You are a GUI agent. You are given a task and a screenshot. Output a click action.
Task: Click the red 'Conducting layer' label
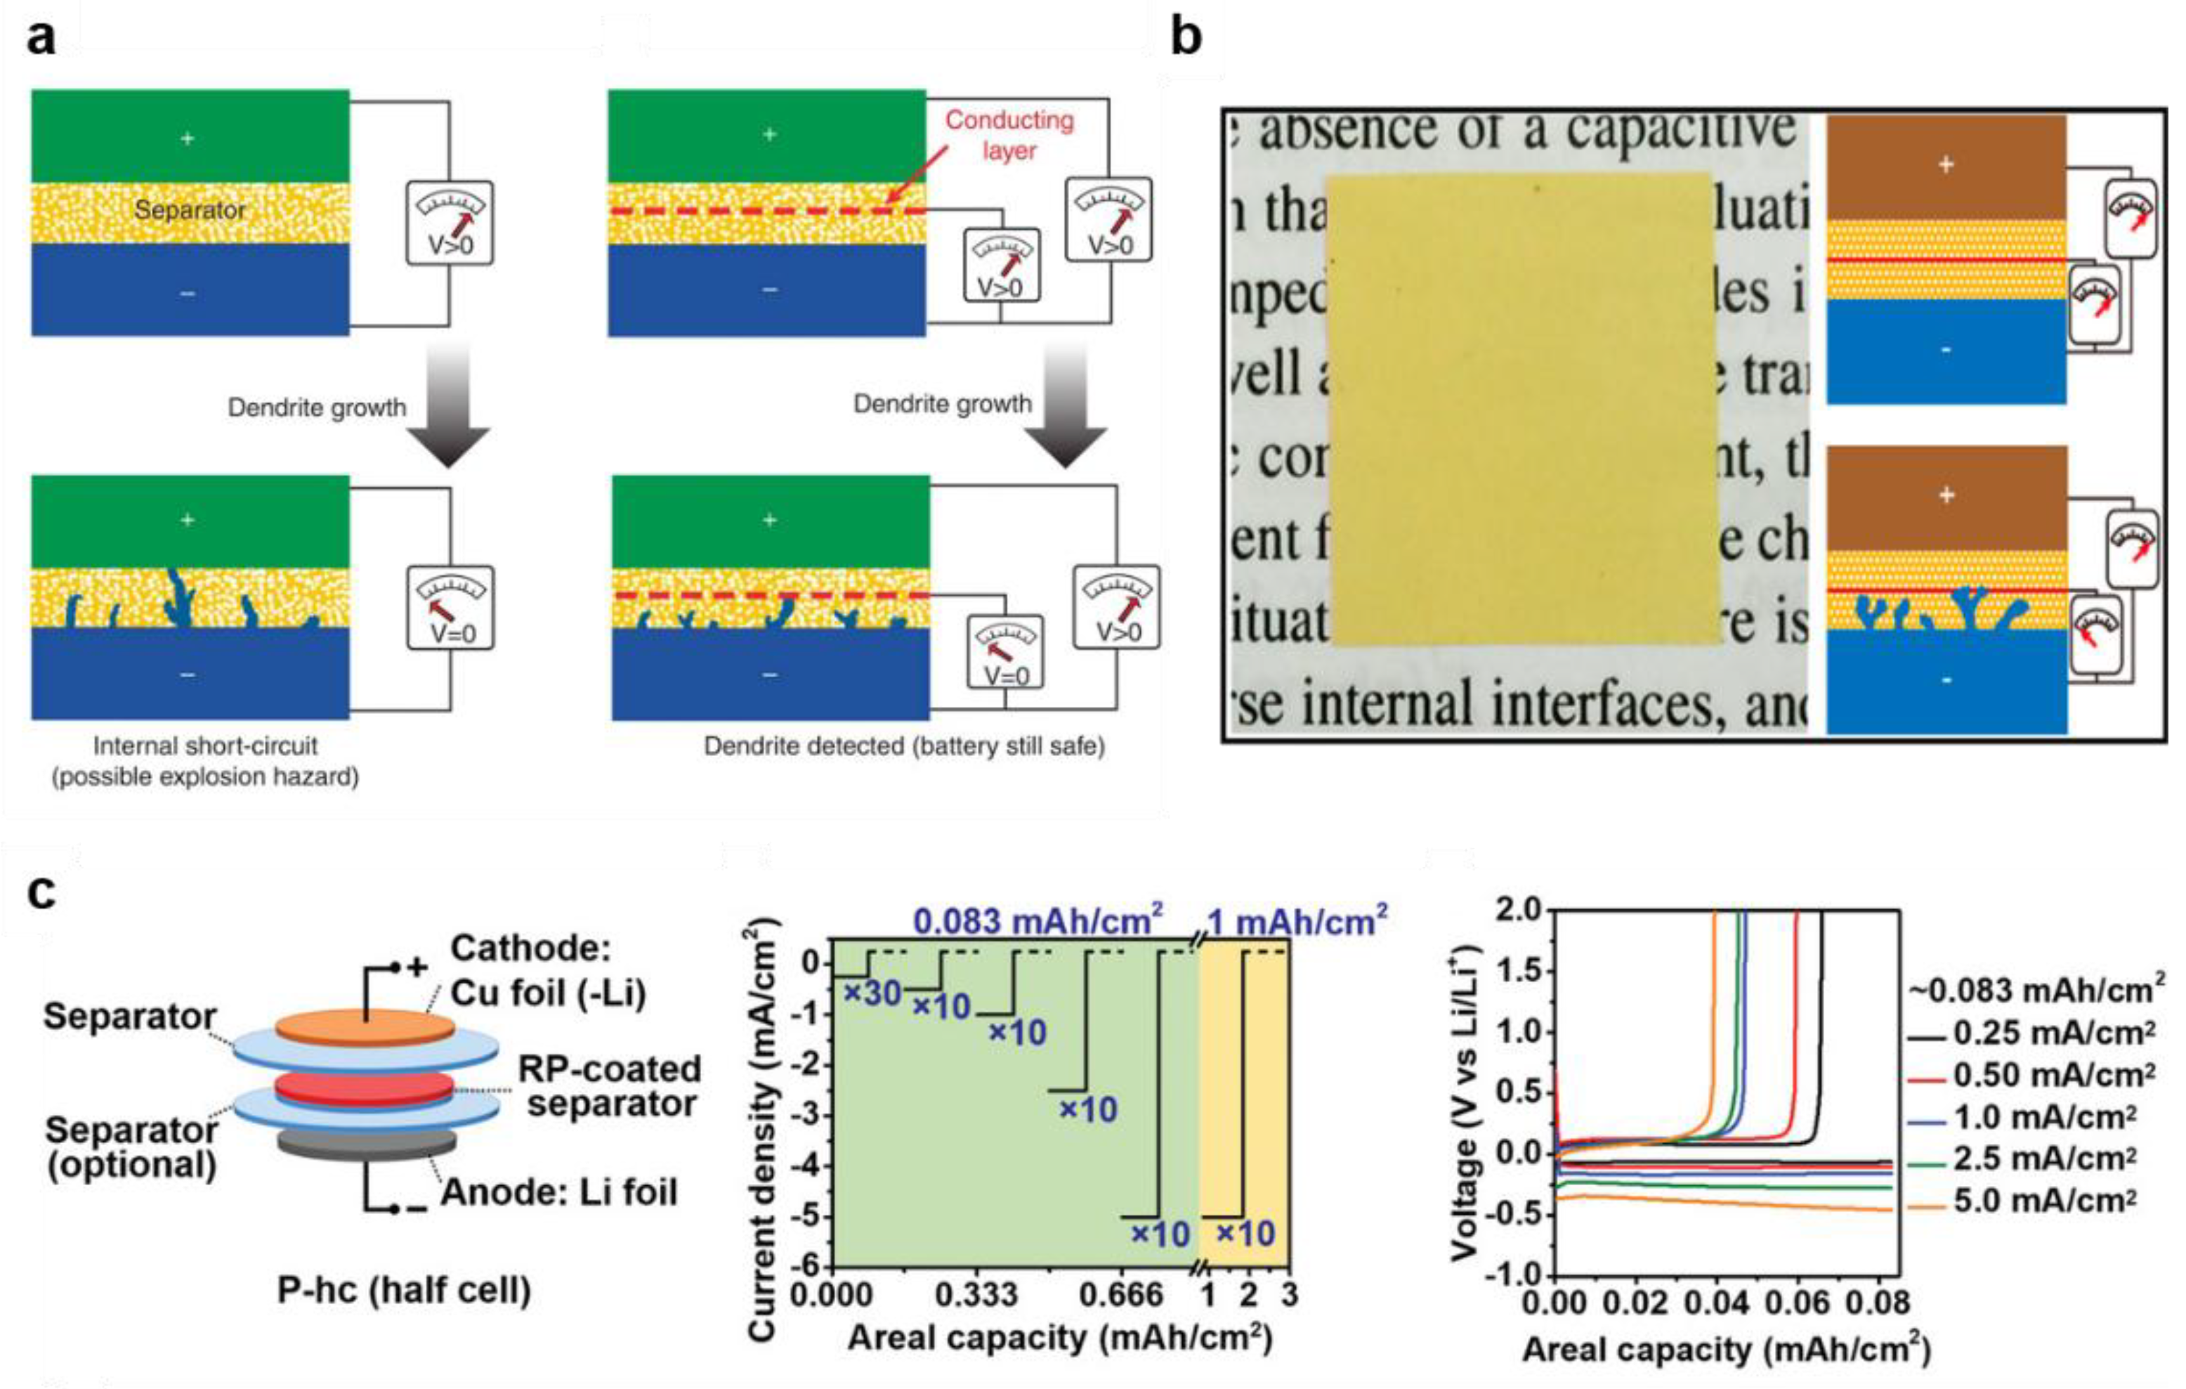pyautogui.click(x=1009, y=134)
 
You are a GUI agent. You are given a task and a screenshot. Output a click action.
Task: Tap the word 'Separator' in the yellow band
pyautogui.click(x=190, y=209)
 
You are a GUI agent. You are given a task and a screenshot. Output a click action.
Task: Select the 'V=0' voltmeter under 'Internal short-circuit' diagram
pyautogui.click(x=450, y=608)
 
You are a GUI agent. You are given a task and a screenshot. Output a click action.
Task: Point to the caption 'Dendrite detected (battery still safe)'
pyautogui.click(x=904, y=746)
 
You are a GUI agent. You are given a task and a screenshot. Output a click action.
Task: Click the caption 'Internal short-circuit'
pyautogui.click(x=205, y=746)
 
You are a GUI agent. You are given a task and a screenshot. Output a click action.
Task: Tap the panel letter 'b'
pyautogui.click(x=1186, y=39)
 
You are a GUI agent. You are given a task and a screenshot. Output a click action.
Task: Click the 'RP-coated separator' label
pyautogui.click(x=610, y=1085)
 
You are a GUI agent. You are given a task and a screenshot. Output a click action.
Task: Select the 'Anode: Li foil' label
pyautogui.click(x=559, y=1192)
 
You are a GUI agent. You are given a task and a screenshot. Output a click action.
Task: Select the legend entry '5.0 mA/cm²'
pyautogui.click(x=2043, y=1201)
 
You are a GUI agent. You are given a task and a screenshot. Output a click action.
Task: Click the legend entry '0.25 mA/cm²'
pyautogui.click(x=2043, y=1033)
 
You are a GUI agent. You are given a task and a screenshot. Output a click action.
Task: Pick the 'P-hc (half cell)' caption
pyautogui.click(x=404, y=1290)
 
